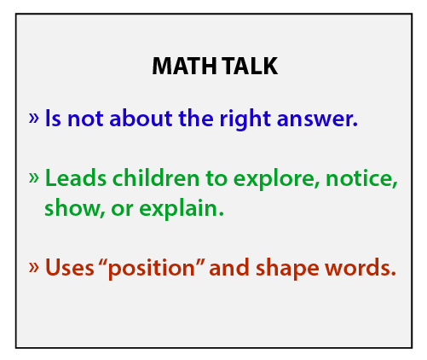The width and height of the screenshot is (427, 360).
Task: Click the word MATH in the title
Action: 185,66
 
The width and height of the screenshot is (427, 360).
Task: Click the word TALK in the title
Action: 250,66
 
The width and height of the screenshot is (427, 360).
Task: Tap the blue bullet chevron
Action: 33,118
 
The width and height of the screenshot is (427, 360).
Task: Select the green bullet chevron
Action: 33,177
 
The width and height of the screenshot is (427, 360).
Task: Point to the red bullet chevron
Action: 33,267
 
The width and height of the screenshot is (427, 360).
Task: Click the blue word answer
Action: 317,119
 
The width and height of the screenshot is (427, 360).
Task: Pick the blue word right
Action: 245,119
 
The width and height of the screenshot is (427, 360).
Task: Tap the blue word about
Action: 141,117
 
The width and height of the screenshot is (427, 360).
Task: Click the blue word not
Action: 85,119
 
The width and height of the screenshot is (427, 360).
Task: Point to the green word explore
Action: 277,180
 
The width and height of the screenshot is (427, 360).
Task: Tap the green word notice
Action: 361,177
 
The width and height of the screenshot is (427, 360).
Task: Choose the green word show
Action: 75,208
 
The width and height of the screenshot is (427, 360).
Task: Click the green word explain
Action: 182,209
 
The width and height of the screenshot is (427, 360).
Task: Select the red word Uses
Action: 70,267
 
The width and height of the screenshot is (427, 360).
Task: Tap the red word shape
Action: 287,269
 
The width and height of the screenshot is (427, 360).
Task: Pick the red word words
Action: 361,267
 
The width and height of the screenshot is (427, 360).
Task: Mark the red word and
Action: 229,267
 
